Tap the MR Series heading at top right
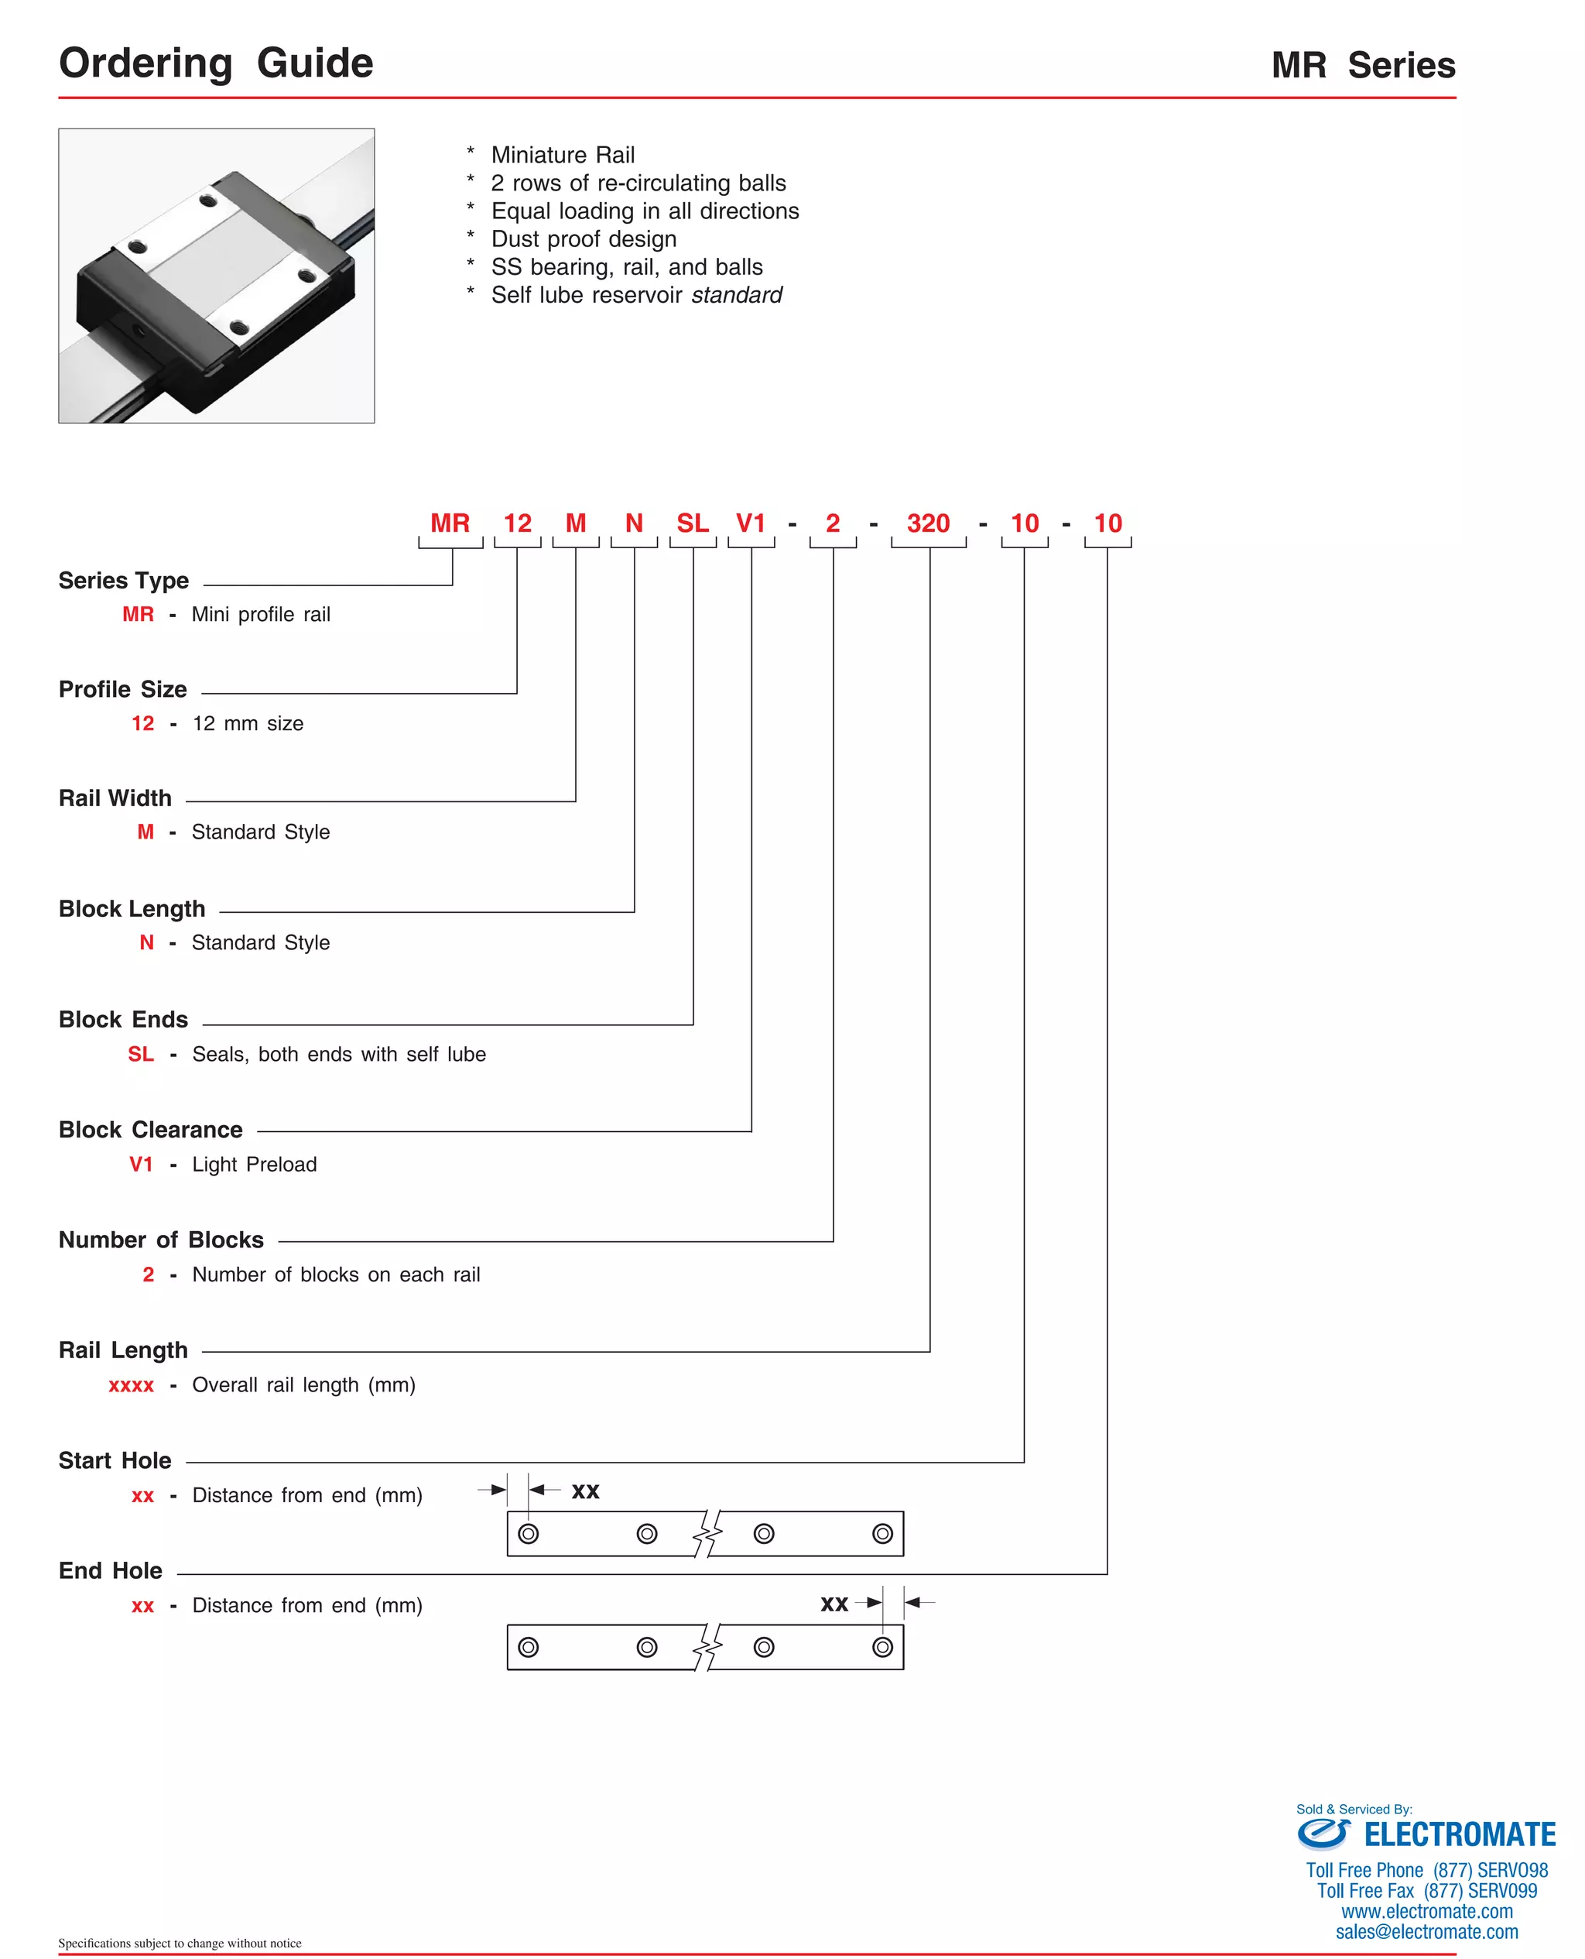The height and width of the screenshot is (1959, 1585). [x=1362, y=66]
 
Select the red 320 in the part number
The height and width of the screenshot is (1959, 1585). [x=928, y=523]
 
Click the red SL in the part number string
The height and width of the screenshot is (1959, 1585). [x=692, y=523]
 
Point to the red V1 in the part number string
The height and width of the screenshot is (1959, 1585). [x=751, y=523]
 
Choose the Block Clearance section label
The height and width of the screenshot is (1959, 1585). [x=151, y=1130]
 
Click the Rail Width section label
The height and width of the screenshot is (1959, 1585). [x=115, y=798]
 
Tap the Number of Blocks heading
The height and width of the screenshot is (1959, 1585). [x=161, y=1240]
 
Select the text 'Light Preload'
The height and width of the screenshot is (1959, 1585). [x=255, y=1165]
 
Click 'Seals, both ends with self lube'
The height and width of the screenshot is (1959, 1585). [x=339, y=1054]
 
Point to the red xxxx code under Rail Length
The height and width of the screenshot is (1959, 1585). [x=132, y=1385]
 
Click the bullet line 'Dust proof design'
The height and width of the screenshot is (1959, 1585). [x=584, y=239]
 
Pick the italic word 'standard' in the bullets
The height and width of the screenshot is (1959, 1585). [x=737, y=295]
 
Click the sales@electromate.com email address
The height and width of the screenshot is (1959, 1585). [x=1426, y=1932]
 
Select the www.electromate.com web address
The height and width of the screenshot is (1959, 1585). [x=1426, y=1912]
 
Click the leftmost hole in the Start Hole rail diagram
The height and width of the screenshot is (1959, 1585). [x=528, y=1533]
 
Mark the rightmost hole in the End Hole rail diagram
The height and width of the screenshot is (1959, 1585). [x=882, y=1647]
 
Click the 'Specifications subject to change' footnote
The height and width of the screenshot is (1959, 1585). [x=180, y=1944]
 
